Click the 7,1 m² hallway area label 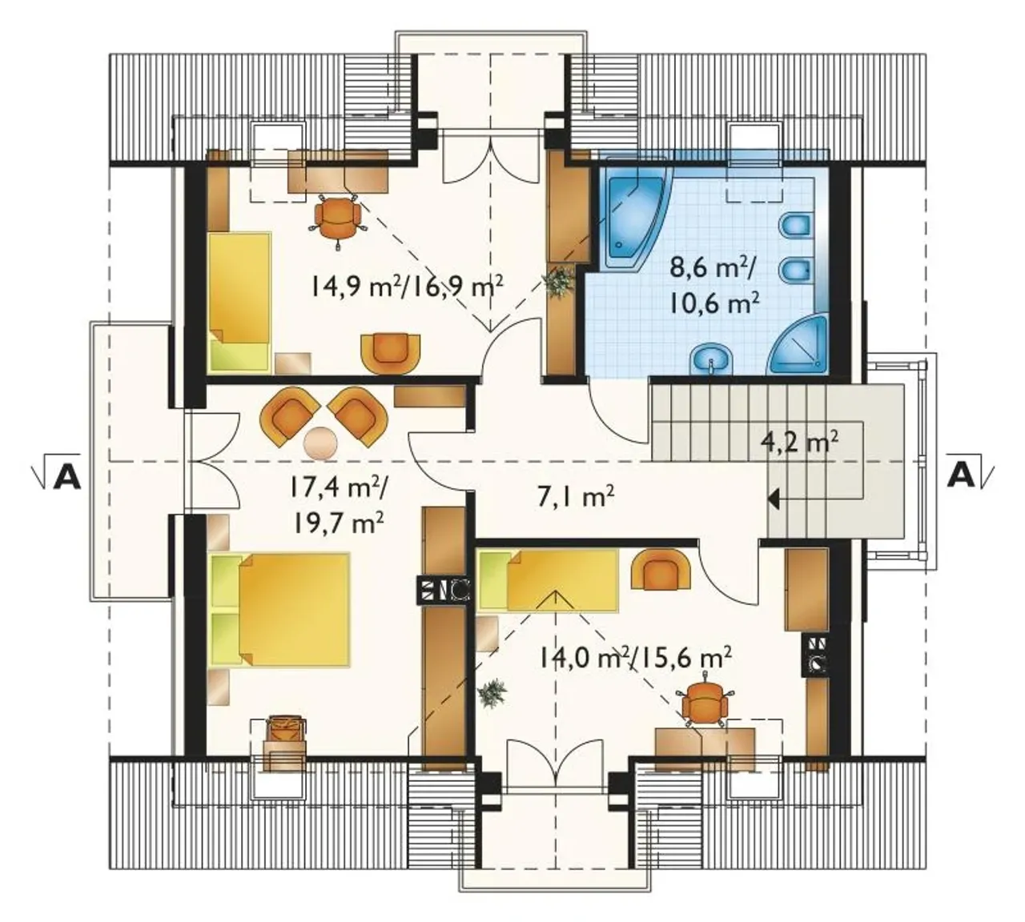click(x=575, y=497)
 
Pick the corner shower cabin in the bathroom click(x=802, y=346)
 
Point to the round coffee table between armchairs click(x=321, y=441)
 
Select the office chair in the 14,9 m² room click(x=336, y=217)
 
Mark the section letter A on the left click(x=65, y=478)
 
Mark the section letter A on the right click(x=961, y=478)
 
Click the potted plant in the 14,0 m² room click(x=492, y=693)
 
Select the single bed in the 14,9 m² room click(x=239, y=302)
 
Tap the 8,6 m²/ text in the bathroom click(x=709, y=267)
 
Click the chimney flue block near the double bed click(x=444, y=591)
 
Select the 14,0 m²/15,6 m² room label click(x=633, y=657)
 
